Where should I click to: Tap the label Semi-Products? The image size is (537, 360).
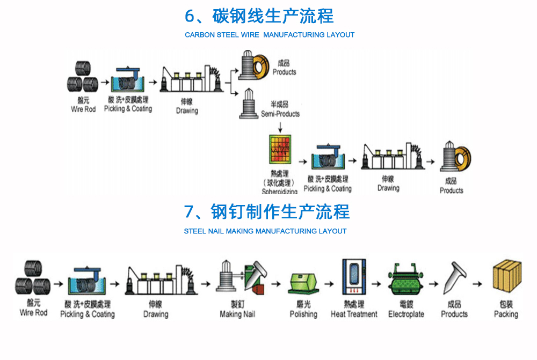click(280, 114)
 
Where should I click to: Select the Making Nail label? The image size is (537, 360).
click(237, 314)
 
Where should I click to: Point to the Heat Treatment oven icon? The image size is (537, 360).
click(354, 278)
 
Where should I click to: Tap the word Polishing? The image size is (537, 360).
click(303, 314)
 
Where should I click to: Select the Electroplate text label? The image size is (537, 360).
click(406, 314)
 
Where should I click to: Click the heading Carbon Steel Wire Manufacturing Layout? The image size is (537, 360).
click(270, 35)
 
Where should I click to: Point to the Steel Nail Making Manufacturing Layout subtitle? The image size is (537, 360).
click(265, 231)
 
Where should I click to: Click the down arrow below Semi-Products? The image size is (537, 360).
click(280, 126)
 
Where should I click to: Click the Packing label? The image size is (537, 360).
click(506, 314)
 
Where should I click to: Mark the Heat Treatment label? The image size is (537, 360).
click(354, 314)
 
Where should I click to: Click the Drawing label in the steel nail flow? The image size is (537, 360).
click(156, 314)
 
